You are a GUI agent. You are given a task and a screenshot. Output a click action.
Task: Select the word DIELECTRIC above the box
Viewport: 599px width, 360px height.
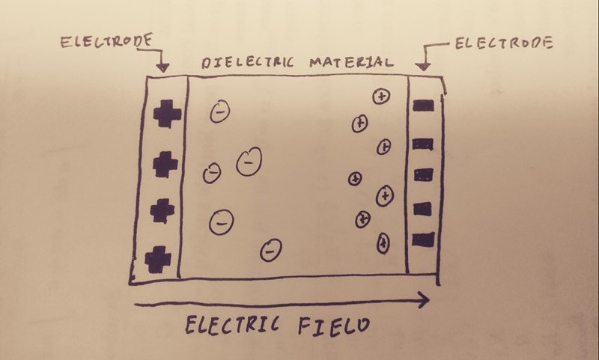[x=251, y=62]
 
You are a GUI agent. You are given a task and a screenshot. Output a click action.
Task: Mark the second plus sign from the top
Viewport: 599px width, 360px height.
[x=162, y=165]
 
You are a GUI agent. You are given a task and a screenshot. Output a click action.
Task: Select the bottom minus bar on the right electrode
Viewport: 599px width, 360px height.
[x=423, y=240]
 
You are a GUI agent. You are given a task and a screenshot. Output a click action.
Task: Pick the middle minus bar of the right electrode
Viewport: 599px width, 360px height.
[x=424, y=174]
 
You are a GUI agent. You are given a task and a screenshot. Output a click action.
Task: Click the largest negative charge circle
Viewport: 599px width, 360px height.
[x=249, y=161]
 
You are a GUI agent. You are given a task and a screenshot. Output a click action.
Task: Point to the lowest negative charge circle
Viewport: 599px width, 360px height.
[x=270, y=249]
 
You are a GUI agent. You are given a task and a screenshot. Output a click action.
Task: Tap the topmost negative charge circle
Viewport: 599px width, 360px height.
[x=219, y=112]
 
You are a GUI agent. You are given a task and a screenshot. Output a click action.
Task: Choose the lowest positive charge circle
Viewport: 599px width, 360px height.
[x=383, y=242]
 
